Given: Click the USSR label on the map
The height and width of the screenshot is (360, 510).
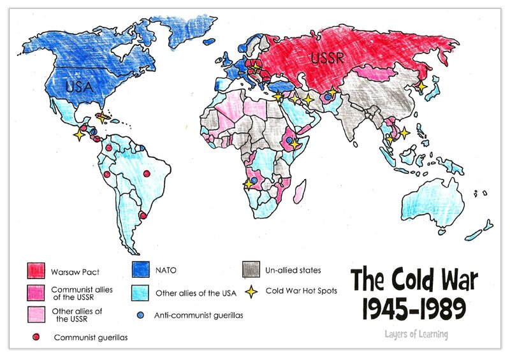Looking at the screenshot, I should coord(328,59).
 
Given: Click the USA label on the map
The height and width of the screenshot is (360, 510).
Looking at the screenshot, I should coord(65,84).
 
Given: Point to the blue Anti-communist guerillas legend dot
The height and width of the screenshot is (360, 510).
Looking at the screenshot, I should coord(140,314).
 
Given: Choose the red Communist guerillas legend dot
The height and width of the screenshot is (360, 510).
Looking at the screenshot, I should coord(36,336).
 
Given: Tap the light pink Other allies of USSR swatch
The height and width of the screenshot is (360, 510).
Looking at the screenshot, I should coord(35,314).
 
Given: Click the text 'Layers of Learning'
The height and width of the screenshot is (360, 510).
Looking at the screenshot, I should coord(416,334).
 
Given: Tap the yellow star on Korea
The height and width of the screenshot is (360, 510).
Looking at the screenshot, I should coord(421,85).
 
